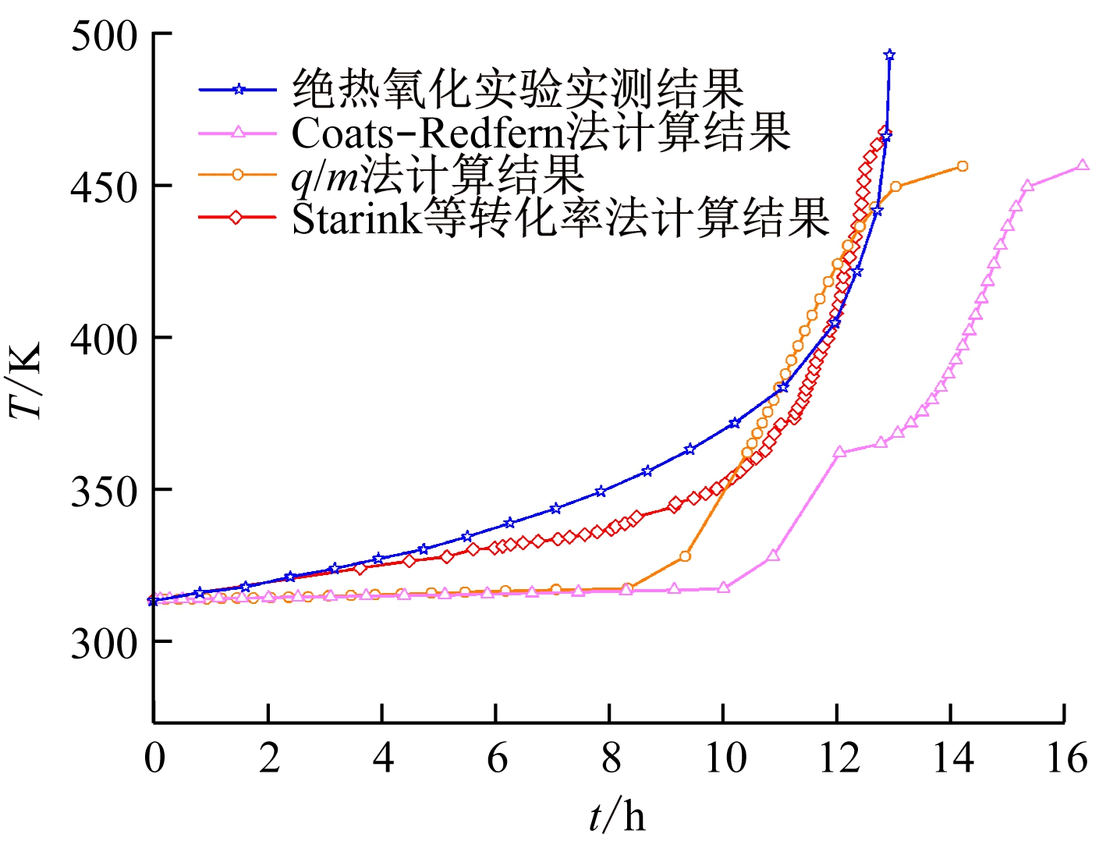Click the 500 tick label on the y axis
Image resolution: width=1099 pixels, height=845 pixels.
[x=103, y=36]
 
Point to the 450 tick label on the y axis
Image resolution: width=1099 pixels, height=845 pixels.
[x=103, y=187]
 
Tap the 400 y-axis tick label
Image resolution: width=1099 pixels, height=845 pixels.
[x=103, y=339]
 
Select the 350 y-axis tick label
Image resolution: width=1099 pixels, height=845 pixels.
[x=103, y=492]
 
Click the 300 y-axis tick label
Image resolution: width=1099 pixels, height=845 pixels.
[x=103, y=644]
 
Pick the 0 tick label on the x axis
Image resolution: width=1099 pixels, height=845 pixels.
[x=154, y=757]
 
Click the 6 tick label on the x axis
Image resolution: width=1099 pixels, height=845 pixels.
[x=497, y=757]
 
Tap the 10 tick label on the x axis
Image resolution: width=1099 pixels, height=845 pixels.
[x=725, y=757]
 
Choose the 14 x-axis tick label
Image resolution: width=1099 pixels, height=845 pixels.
[x=952, y=757]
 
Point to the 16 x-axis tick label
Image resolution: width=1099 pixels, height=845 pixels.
[x=1066, y=757]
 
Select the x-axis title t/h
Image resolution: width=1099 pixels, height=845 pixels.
[x=617, y=815]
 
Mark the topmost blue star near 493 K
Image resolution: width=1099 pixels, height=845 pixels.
[x=889, y=55]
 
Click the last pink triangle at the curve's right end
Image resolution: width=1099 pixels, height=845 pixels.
[x=1082, y=165]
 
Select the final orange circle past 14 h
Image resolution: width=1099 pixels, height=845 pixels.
[x=963, y=166]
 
